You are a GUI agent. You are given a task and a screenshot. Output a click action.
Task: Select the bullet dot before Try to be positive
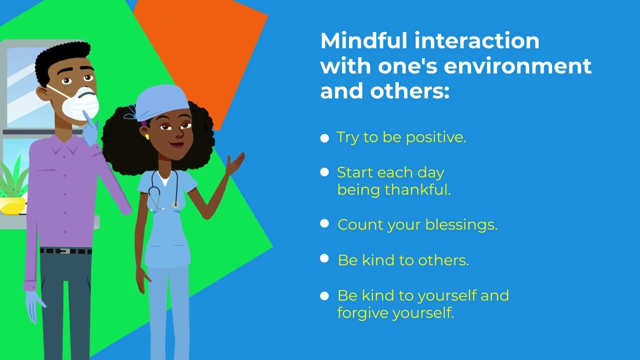(x=325, y=138)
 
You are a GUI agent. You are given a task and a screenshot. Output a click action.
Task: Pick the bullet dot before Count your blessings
(x=325, y=224)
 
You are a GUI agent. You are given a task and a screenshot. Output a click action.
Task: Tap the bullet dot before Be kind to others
(x=325, y=258)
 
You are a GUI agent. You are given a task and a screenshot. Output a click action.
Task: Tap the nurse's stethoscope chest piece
(x=175, y=204)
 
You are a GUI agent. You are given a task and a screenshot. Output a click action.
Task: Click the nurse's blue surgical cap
(x=161, y=101)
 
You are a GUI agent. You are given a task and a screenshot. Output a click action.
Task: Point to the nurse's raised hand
(x=234, y=163)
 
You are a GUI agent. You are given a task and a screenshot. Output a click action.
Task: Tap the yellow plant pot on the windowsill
(x=13, y=205)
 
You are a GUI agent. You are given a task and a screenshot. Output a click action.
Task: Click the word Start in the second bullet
(x=354, y=173)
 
